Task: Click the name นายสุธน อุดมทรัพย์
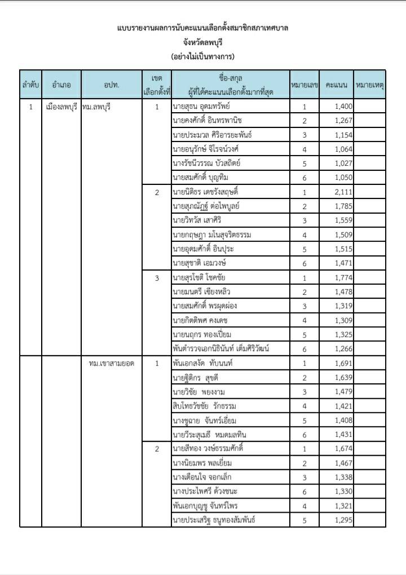201,106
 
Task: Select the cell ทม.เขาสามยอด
112,364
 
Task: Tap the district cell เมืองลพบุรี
61,106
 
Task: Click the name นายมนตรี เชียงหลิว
202,291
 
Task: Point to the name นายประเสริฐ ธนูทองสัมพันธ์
214,520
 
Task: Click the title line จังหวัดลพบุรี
203,42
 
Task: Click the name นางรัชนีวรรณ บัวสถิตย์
208,163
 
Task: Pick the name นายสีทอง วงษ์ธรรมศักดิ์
211,449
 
